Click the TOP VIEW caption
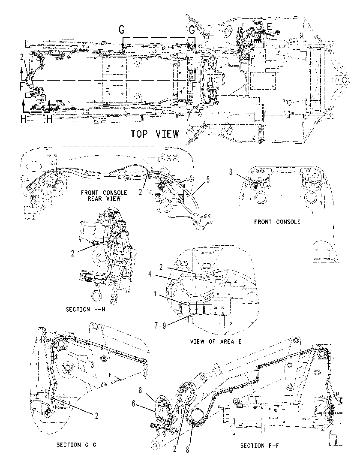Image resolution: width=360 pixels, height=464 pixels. pyautogui.click(x=155, y=134)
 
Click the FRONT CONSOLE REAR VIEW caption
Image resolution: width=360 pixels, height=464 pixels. pyautogui.click(x=104, y=196)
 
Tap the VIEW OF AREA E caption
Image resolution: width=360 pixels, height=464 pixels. pyautogui.click(x=216, y=341)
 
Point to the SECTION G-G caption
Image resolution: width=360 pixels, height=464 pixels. pyautogui.click(x=77, y=445)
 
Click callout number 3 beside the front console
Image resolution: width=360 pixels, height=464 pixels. pyautogui.click(x=231, y=172)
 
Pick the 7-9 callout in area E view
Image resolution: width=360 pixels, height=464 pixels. pyautogui.click(x=160, y=326)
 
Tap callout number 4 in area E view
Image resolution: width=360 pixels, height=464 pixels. pyautogui.click(x=150, y=274)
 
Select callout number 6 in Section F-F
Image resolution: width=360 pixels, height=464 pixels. pyautogui.click(x=134, y=404)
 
